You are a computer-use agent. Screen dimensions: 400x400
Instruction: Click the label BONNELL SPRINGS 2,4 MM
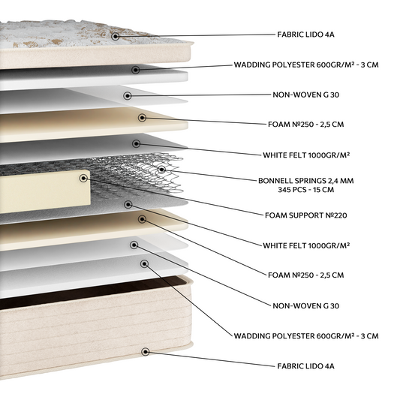pos(306,181)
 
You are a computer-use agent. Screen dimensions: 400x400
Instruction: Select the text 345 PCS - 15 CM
pos(306,190)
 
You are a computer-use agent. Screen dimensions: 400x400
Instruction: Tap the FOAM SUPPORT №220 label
pos(306,215)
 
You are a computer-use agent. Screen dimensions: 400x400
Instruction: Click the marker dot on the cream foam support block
pos(83,179)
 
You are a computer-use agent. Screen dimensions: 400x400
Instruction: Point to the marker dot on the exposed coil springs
pos(161,169)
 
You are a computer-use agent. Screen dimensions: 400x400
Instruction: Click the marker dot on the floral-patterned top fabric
pos(116,36)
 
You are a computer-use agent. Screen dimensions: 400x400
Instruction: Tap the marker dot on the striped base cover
pos(146,352)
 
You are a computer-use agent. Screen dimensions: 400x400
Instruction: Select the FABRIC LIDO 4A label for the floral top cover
pos(306,35)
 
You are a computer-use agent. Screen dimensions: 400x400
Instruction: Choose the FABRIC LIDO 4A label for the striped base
pos(306,366)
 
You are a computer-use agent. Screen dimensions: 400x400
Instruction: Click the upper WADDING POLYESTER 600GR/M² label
pos(306,65)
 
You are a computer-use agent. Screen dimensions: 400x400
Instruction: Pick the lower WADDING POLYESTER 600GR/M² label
pos(306,336)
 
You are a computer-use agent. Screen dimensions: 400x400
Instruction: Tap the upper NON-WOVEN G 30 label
pos(306,95)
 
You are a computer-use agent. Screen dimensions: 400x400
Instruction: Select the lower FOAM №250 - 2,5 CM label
pos(306,275)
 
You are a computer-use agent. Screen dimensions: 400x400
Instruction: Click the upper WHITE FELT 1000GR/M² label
pos(306,155)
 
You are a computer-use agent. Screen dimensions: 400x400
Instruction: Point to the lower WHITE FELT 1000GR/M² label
pos(306,245)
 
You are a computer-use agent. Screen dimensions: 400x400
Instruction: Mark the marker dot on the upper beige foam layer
pos(142,118)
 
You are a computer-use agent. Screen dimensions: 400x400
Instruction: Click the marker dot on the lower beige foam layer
pos(142,219)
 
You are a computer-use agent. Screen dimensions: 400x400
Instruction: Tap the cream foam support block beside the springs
pos(44,191)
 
